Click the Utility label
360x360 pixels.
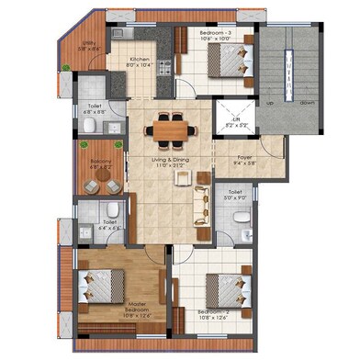[x=89, y=47]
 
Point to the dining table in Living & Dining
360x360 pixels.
[x=171, y=130]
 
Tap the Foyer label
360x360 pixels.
[x=245, y=159]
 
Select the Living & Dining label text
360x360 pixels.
[x=168, y=163]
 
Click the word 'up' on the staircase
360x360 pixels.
[x=270, y=104]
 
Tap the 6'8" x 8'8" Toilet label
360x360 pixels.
[x=94, y=108]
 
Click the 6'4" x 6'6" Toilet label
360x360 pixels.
[x=109, y=225]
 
